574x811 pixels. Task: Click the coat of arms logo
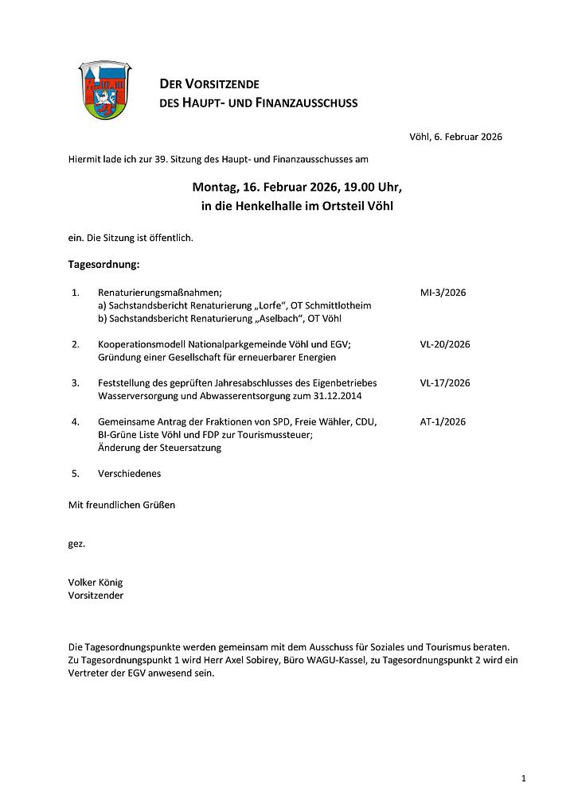(105, 91)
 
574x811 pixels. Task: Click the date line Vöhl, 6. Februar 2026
(455, 137)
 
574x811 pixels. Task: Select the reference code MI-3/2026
(443, 293)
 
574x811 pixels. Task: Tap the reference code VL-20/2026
(445, 344)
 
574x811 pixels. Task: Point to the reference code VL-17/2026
(445, 382)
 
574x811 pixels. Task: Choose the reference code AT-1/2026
(443, 421)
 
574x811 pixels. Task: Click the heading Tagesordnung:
(104, 262)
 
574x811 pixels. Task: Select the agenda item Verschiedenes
(129, 473)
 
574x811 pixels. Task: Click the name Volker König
(96, 582)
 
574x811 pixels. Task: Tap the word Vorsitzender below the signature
(96, 595)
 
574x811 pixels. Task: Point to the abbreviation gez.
(76, 544)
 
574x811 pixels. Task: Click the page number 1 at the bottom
(523, 778)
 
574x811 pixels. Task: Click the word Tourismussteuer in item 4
(275, 434)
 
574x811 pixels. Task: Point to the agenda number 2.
(76, 344)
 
